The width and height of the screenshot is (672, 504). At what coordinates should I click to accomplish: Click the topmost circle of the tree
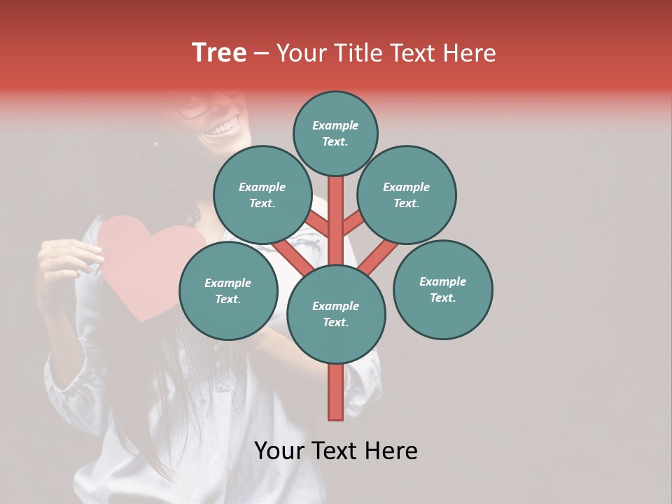335,133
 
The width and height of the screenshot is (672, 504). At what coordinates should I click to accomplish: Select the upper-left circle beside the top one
262,195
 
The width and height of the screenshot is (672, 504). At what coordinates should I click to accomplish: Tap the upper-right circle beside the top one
407,195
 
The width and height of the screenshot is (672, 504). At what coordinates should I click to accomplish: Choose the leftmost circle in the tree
228,290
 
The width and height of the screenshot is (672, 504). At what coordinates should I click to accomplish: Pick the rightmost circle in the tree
442,289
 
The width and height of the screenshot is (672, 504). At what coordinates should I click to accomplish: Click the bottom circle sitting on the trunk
336,314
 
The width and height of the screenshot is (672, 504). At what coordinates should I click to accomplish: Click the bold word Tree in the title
219,53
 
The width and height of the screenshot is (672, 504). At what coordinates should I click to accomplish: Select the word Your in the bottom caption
279,451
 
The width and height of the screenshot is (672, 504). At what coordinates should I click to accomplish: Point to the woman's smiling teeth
224,128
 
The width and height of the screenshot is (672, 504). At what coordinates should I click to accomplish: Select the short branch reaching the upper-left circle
316,224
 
